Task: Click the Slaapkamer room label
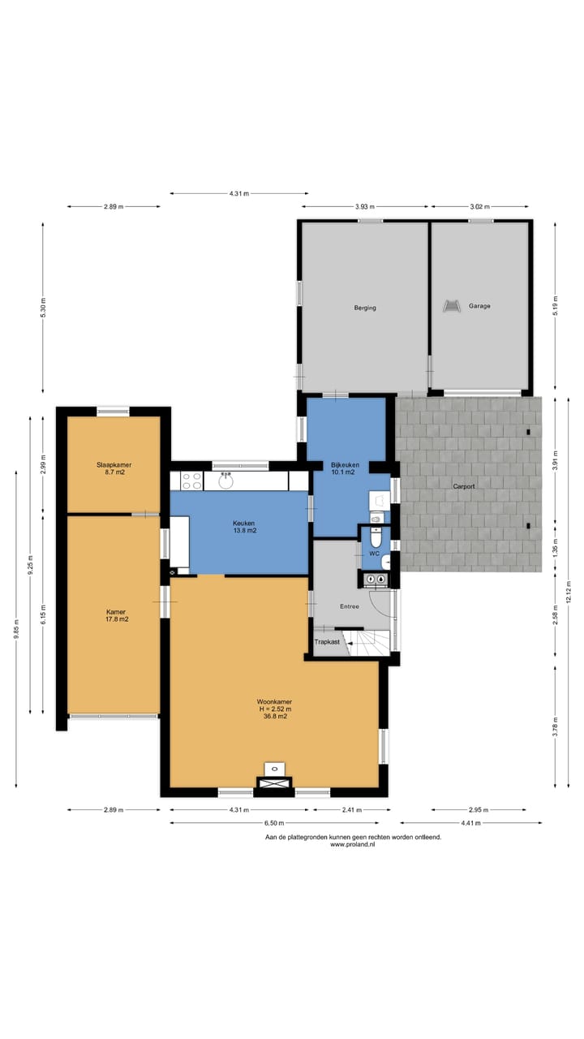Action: (114, 465)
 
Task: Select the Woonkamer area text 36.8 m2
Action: (274, 717)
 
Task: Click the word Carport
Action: (464, 486)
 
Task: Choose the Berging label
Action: (365, 308)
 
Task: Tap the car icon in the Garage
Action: (450, 306)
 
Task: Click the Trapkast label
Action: (328, 642)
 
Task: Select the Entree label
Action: (349, 606)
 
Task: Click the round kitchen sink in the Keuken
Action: (226, 481)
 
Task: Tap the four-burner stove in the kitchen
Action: (191, 481)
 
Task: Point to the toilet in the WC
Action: (375, 538)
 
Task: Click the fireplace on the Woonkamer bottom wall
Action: (276, 782)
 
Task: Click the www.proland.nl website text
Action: (353, 845)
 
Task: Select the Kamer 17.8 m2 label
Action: (114, 615)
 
